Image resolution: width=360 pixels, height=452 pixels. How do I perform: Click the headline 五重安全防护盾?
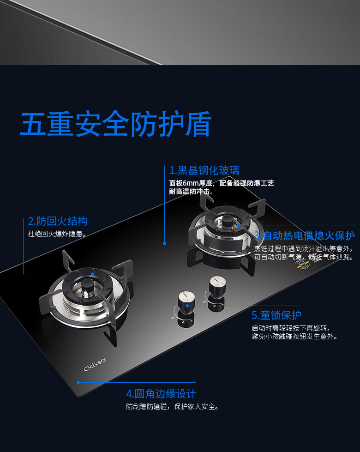116,124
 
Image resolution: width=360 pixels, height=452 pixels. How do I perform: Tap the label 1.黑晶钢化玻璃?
204,170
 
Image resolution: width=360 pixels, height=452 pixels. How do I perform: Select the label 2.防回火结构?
58,221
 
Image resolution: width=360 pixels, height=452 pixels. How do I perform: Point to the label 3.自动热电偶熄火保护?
304,236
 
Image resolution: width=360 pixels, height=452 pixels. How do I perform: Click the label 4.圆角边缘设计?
161,393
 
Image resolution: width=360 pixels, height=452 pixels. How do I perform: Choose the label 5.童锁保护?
276,315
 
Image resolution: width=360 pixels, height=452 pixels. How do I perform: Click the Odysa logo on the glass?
95,365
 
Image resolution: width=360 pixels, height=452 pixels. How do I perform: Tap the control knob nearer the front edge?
186,300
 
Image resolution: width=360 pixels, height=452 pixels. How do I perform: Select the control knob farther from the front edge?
217,285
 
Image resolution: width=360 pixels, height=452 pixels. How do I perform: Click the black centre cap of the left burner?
86,286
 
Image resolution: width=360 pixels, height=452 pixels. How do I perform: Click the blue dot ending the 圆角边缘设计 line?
78,382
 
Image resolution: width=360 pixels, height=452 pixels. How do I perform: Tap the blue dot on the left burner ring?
92,274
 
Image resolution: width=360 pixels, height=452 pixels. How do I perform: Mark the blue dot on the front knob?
187,306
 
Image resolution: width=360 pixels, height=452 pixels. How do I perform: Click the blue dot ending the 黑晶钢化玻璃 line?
165,244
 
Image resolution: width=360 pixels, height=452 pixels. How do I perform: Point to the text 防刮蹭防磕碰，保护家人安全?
173,406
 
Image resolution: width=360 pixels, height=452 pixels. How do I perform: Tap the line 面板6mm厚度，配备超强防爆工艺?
222,183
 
